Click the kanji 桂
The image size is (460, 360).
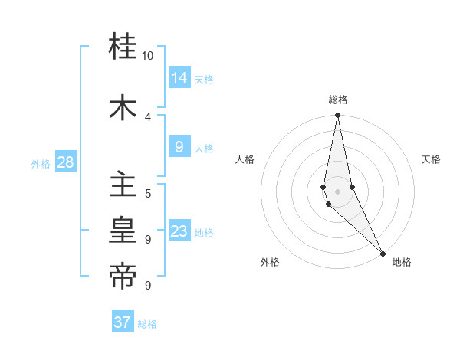[123, 48]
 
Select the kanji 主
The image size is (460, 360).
[123, 185]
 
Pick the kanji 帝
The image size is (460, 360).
[123, 276]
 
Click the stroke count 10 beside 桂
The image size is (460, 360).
[147, 56]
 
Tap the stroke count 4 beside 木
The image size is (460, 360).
[147, 116]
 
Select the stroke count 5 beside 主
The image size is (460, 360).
[147, 193]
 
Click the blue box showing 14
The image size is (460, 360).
[179, 78]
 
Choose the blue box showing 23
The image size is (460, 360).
[179, 231]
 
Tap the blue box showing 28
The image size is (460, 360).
[65, 162]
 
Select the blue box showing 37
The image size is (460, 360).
[122, 322]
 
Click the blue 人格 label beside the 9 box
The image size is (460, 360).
[204, 149]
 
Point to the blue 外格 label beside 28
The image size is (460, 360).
[41, 163]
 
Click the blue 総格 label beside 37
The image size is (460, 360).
[147, 324]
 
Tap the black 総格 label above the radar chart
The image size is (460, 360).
[337, 100]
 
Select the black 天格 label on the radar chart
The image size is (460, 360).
[431, 159]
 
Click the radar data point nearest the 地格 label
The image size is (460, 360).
[383, 252]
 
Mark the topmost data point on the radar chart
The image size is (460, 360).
[337, 116]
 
